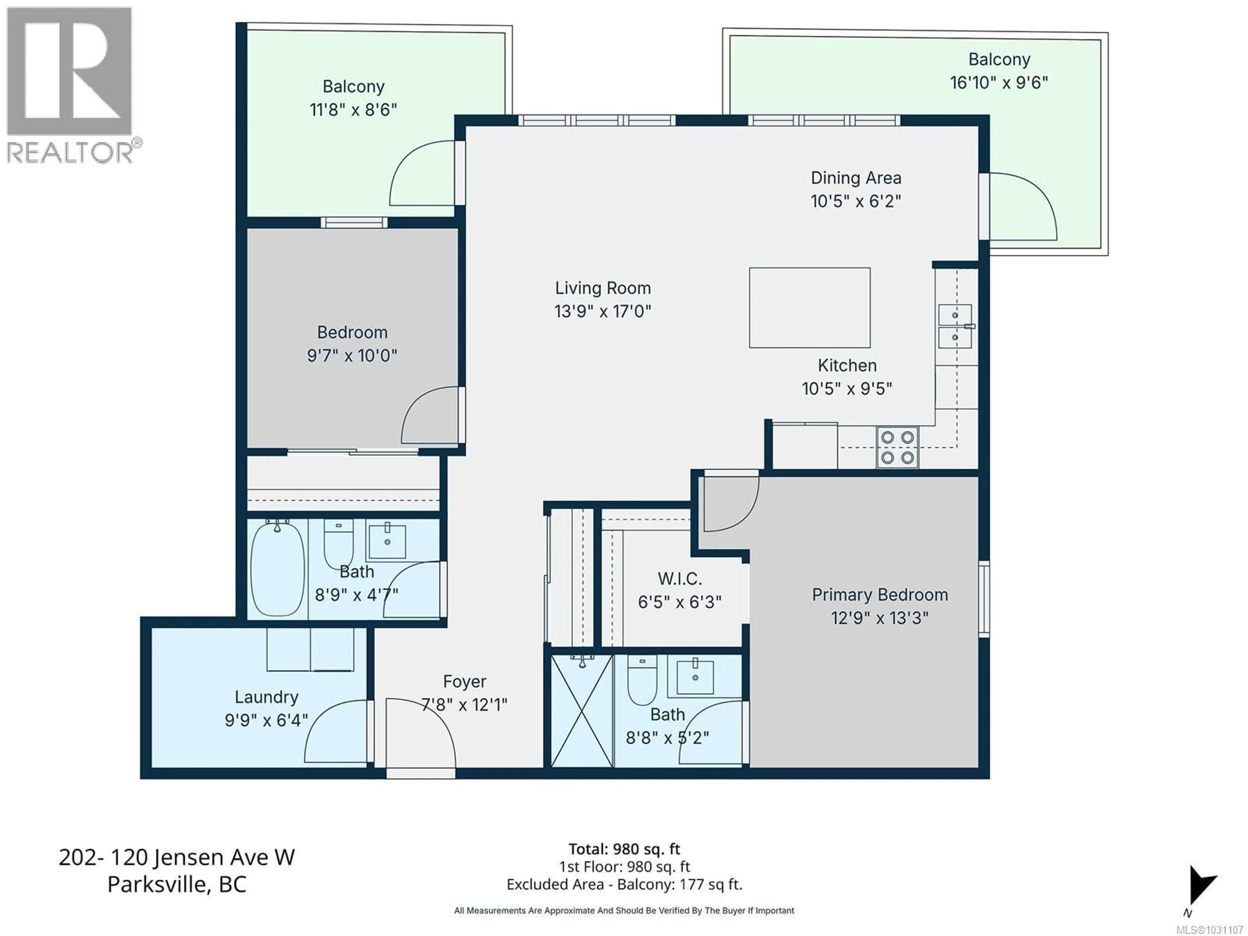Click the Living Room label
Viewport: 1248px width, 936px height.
(603, 288)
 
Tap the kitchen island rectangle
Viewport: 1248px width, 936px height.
(809, 307)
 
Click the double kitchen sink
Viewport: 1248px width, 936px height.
(955, 326)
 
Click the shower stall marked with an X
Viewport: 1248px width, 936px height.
(582, 710)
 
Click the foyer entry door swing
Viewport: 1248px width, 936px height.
(420, 734)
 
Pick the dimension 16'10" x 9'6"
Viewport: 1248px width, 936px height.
(999, 83)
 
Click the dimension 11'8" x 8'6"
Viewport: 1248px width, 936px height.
(353, 110)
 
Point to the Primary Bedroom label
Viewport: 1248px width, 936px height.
(879, 595)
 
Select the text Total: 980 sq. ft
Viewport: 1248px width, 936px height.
(624, 849)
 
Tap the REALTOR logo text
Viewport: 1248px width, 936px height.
(71, 152)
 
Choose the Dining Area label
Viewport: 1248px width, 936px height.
(855, 178)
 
